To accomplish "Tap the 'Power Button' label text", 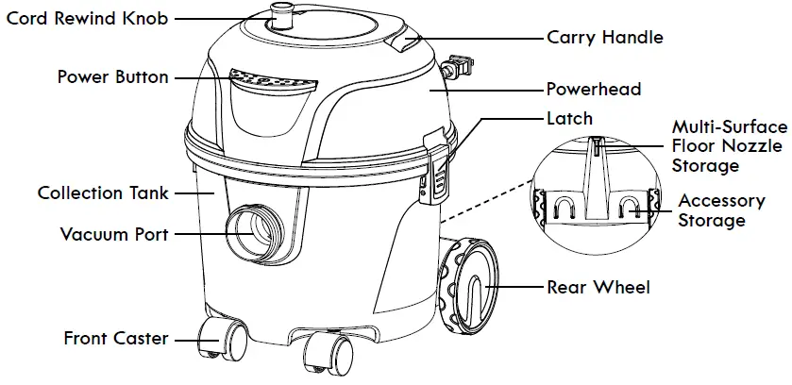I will (x=113, y=76).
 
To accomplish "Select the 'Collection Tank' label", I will (x=104, y=192).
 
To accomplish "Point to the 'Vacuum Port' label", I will (x=114, y=233).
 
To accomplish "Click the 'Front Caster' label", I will (x=116, y=338).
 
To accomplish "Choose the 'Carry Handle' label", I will (x=604, y=39).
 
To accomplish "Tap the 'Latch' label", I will (x=569, y=119).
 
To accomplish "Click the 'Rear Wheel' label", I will (x=598, y=287).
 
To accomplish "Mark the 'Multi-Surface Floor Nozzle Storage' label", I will (x=729, y=146).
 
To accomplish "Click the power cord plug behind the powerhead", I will (x=459, y=69).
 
